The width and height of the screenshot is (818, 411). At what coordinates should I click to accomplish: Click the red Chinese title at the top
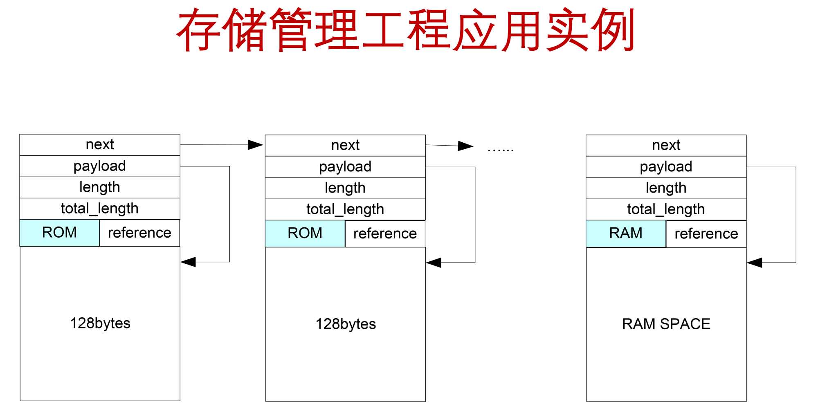coord(405,31)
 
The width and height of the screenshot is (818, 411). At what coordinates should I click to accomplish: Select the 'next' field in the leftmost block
coord(100,145)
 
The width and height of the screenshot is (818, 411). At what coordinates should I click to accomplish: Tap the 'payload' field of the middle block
coord(345,167)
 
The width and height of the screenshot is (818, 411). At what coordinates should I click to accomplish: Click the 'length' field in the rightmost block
coord(666,188)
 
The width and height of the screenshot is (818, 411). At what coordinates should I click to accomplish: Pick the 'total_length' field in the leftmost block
coord(100,209)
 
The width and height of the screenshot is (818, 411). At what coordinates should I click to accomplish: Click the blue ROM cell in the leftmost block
coord(60,233)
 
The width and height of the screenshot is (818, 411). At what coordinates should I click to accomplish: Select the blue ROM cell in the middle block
coord(305,234)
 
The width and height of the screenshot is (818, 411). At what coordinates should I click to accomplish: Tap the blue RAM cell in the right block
coord(626,234)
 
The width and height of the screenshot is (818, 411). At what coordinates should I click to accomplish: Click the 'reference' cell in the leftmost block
coord(139,233)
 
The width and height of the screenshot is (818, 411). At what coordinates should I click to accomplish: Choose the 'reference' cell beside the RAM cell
coord(706,234)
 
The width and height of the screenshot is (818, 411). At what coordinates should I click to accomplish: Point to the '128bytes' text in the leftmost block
coord(100,323)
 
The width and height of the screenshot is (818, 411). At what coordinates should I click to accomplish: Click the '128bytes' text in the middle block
coord(346,324)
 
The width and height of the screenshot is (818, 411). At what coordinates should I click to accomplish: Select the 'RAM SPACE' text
coord(666,324)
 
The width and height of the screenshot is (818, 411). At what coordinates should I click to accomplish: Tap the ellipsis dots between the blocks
coord(500,150)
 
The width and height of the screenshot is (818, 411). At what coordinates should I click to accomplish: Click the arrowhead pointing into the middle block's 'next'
coord(256,145)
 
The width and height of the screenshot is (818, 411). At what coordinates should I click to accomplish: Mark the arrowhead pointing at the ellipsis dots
coord(465,146)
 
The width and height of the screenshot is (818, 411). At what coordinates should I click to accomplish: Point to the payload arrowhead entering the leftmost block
coord(188,262)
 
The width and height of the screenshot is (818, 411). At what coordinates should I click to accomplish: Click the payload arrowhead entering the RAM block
coord(755,263)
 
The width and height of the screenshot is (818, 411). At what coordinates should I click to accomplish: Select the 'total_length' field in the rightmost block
coord(666,209)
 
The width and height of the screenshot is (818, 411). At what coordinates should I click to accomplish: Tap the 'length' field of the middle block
coord(345,188)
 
